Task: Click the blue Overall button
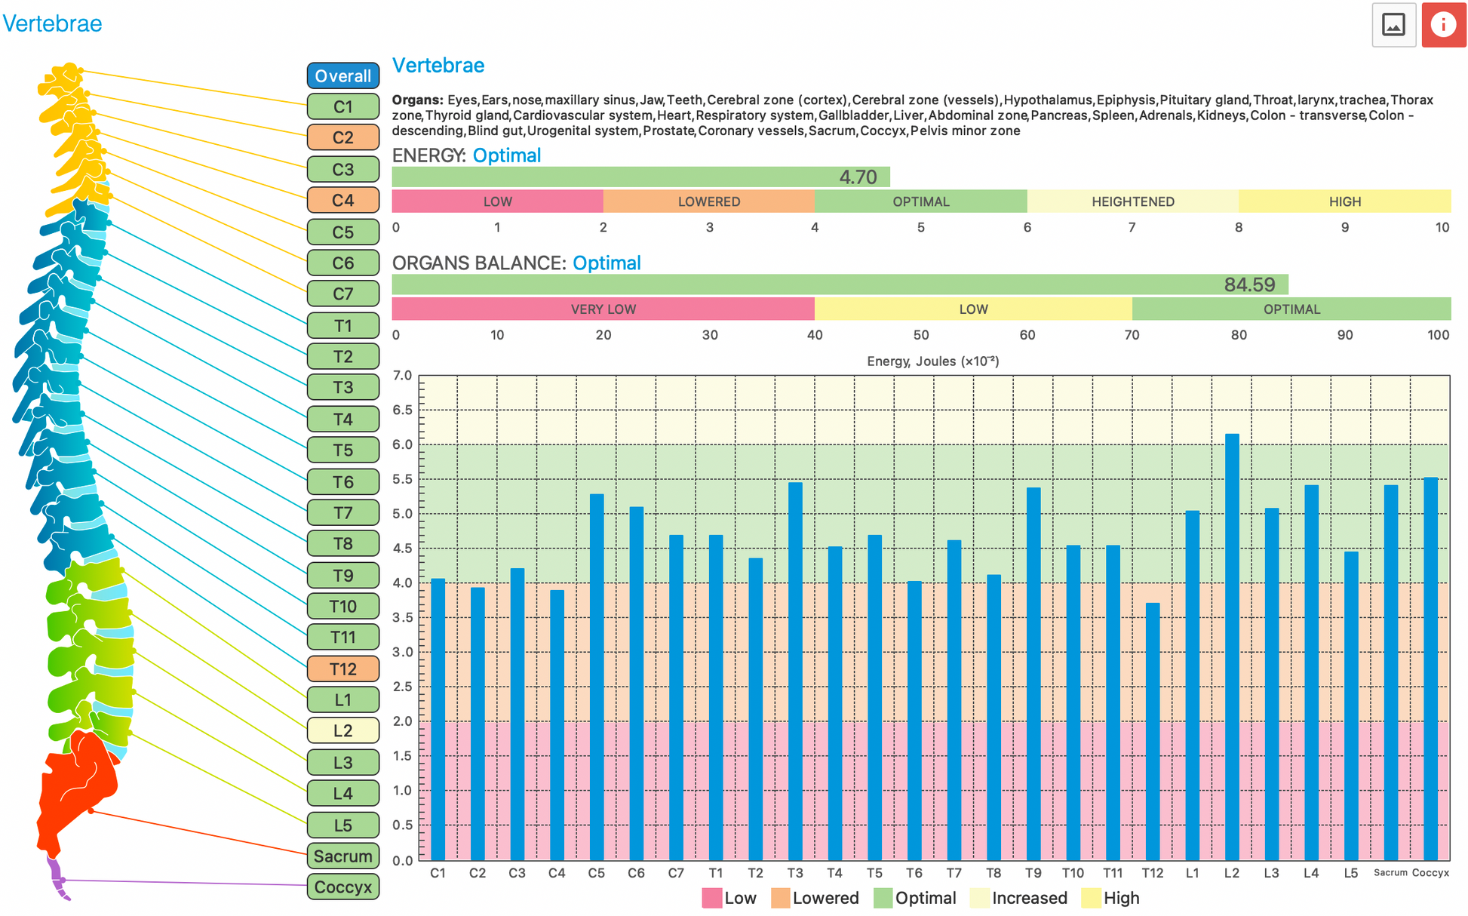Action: [x=342, y=76]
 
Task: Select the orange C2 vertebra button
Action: [x=342, y=138]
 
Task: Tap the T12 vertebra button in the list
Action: [x=342, y=669]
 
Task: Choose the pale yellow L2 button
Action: [x=342, y=731]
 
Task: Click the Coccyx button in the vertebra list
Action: [x=342, y=887]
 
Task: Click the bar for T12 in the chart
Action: [x=1153, y=731]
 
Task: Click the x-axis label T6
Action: [x=914, y=873]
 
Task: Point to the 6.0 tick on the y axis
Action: [x=403, y=445]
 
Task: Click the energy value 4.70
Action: [x=858, y=177]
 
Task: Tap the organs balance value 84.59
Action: [x=1249, y=285]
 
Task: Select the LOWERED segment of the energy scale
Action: [x=708, y=201]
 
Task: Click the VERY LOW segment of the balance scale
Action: [x=603, y=309]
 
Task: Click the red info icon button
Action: [x=1443, y=25]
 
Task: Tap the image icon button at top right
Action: [x=1393, y=25]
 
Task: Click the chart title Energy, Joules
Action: [x=932, y=361]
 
